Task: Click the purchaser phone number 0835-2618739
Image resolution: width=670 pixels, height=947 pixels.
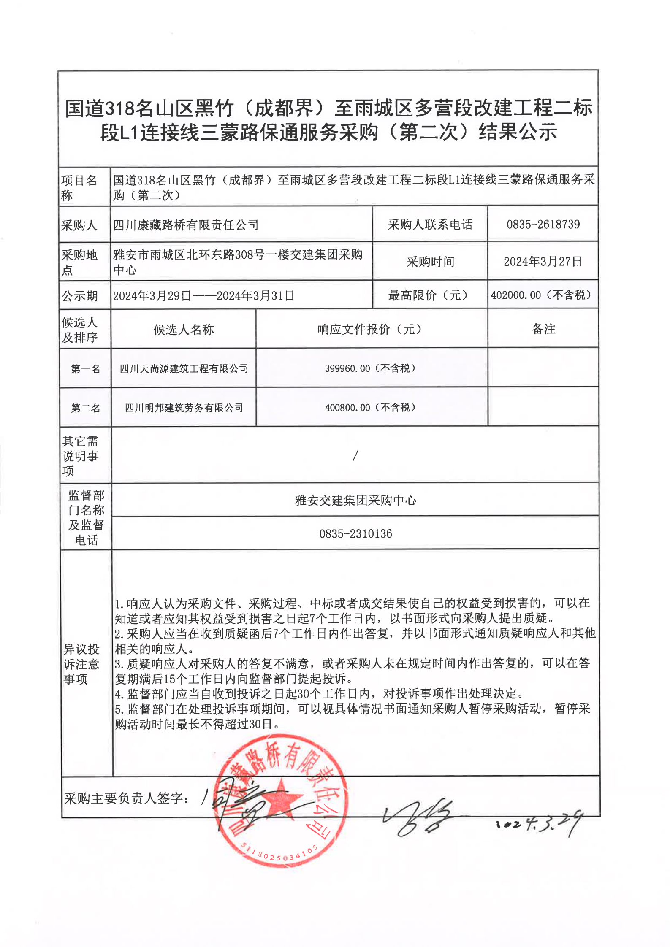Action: (543, 224)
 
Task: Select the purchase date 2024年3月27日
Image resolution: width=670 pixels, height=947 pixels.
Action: (543, 262)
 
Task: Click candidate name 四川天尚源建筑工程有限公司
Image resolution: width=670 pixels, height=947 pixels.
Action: (184, 369)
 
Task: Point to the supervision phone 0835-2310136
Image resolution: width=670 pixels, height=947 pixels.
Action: (355, 534)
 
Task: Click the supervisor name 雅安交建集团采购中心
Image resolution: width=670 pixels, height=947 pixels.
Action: (355, 501)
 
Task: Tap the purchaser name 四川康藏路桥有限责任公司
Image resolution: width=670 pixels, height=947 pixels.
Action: (186, 225)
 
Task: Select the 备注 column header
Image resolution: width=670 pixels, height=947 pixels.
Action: (543, 329)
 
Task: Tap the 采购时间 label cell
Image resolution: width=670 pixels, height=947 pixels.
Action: (430, 262)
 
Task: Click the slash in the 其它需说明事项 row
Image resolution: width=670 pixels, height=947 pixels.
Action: (355, 455)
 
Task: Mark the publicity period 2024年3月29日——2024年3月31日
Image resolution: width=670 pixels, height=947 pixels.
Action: (203, 296)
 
